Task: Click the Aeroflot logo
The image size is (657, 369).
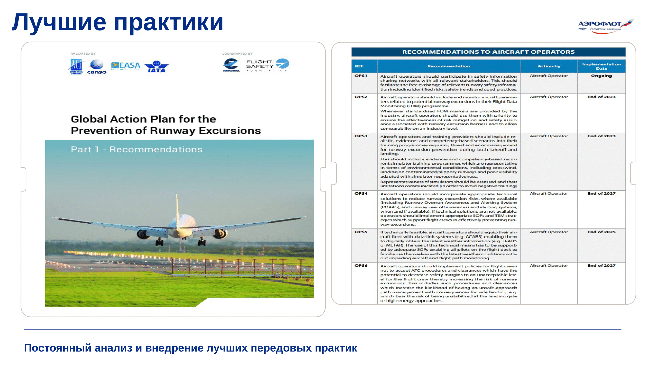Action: tap(606, 26)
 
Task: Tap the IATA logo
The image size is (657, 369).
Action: tap(156, 67)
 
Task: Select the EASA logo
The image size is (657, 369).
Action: tap(126, 66)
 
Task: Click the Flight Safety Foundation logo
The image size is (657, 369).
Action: tap(267, 65)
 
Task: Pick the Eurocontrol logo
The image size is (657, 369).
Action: tap(231, 65)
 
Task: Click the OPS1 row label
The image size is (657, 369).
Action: tap(361, 76)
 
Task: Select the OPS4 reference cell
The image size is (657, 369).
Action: tap(361, 194)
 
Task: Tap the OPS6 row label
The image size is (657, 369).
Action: tap(361, 266)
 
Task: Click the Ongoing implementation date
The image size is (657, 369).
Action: tap(601, 76)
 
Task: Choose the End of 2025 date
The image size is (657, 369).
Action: tap(601, 232)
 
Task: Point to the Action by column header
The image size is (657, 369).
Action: tap(549, 66)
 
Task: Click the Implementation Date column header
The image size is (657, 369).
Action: tap(601, 66)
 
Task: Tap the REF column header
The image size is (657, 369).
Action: tap(359, 66)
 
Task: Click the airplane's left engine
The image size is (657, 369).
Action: tap(143, 234)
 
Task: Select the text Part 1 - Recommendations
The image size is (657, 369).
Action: tap(137, 150)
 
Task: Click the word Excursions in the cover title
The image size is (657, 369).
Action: tap(230, 131)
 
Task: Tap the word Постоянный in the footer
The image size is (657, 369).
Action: tap(58, 348)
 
